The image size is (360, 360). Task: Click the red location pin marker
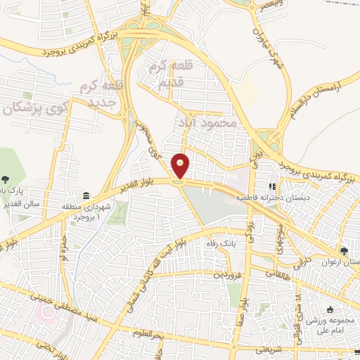(181, 166)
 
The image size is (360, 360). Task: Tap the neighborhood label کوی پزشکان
(39, 109)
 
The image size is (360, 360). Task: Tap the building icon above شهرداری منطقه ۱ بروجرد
(85, 195)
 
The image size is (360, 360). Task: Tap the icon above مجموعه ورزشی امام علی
(330, 309)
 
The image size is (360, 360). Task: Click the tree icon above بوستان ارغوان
(343, 251)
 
